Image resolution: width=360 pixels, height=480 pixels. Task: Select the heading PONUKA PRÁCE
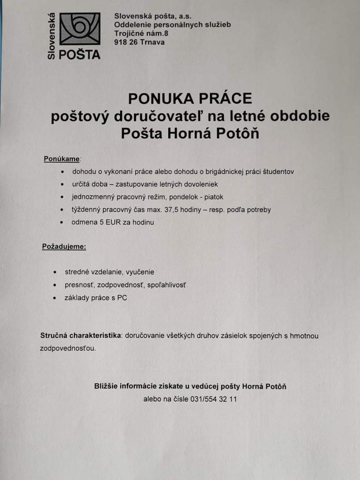[x=190, y=98]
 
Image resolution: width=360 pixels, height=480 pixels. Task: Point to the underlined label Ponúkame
[x=62, y=159]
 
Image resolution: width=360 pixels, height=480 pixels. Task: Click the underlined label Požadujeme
[x=64, y=246]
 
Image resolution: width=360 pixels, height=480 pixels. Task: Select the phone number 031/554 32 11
[x=214, y=399]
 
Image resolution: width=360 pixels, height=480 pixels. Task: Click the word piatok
[x=214, y=197]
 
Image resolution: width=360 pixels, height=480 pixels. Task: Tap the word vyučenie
[x=140, y=272]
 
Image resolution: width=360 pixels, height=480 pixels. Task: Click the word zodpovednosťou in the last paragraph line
[x=67, y=348]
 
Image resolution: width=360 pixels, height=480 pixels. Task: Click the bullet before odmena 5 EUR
[x=62, y=223]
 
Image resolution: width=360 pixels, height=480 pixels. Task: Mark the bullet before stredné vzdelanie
[x=55, y=272]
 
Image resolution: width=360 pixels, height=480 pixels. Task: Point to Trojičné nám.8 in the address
[x=141, y=33]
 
